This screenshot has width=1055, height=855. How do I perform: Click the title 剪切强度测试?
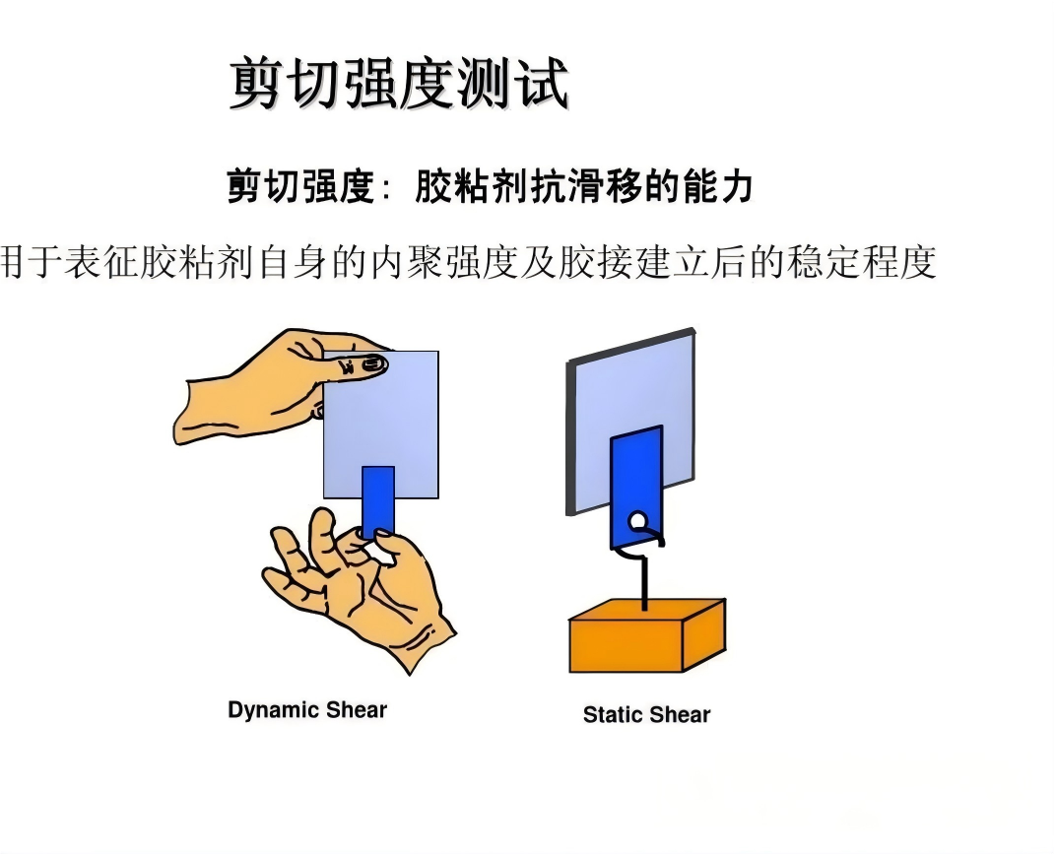[400, 84]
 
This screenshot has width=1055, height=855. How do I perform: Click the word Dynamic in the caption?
[273, 710]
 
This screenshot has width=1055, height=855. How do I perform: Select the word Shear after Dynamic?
[357, 709]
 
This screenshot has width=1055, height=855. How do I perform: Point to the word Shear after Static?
[681, 714]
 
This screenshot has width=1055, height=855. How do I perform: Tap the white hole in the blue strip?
[637, 521]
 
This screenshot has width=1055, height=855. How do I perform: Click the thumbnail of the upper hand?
[372, 365]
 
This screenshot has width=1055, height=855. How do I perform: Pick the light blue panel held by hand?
[381, 425]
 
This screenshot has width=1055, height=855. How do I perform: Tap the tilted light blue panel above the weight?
[631, 421]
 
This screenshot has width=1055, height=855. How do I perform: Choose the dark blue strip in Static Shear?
[636, 487]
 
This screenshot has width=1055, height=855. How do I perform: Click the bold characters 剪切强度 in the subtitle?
[300, 186]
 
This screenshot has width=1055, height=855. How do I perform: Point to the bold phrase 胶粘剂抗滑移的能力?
[583, 186]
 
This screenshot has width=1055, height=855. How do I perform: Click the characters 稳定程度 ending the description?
[862, 262]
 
